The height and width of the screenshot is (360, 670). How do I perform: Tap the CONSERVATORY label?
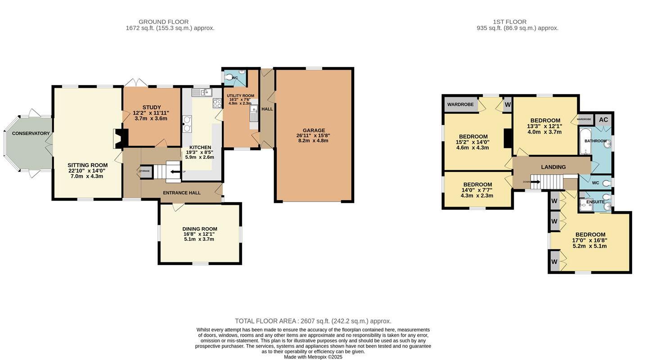(x=31, y=134)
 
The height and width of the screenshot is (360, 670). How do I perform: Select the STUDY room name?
(x=151, y=108)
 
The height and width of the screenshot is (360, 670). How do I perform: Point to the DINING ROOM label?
(x=199, y=229)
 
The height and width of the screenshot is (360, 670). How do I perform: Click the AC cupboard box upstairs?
(x=603, y=120)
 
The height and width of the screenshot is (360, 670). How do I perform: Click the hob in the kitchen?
(x=217, y=103)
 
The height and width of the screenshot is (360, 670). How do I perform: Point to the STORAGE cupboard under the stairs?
(x=145, y=171)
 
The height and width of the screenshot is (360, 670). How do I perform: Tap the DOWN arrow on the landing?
(x=535, y=182)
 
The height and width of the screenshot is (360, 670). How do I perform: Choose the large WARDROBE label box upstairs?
(x=460, y=104)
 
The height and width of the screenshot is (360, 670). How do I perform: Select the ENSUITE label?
(x=595, y=202)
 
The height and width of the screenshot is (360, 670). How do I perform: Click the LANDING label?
(x=553, y=167)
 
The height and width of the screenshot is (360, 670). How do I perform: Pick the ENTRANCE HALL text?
(x=181, y=193)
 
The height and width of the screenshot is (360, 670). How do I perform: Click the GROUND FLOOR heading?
(x=163, y=22)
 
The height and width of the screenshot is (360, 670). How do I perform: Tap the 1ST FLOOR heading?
(x=509, y=22)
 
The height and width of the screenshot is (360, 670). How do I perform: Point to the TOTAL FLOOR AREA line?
(x=313, y=321)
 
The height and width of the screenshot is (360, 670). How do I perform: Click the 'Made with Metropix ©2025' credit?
(x=313, y=357)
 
